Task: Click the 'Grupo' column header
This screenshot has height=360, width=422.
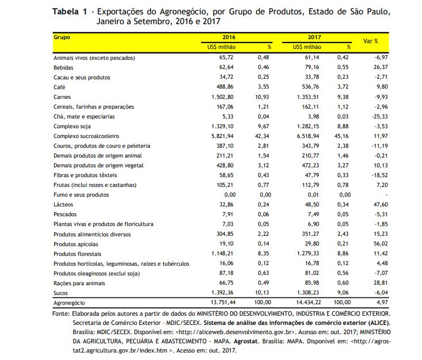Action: tap(62, 37)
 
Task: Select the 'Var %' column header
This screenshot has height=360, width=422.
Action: tap(371, 41)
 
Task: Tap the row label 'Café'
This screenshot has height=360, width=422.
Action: tap(59, 87)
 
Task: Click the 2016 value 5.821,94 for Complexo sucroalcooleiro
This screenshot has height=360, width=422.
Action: tap(222, 136)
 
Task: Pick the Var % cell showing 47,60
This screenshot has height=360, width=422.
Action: tap(381, 205)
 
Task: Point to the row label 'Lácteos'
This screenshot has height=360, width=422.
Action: tap(63, 205)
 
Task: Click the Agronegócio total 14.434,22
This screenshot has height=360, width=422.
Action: tap(308, 302)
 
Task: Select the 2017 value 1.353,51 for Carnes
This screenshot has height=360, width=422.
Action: tap(308, 97)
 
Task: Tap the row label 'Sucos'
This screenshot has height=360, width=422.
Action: tap(60, 293)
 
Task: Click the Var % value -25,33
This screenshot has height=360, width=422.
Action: tap(380, 117)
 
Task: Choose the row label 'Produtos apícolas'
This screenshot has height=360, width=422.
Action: tap(76, 244)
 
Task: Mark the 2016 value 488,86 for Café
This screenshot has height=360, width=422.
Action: tap(225, 87)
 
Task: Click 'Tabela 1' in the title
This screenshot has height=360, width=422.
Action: tap(70, 12)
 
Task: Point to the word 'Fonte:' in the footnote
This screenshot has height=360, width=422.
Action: tap(61, 313)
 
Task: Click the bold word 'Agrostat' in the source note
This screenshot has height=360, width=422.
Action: tap(246, 342)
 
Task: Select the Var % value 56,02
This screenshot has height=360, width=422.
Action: tap(381, 244)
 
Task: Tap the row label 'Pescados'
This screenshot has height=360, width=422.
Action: tap(65, 215)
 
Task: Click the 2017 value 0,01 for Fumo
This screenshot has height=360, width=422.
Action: tap(313, 195)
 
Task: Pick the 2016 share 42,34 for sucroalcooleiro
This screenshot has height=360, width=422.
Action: tap(262, 136)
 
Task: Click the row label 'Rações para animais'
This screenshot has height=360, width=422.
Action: tap(79, 284)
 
